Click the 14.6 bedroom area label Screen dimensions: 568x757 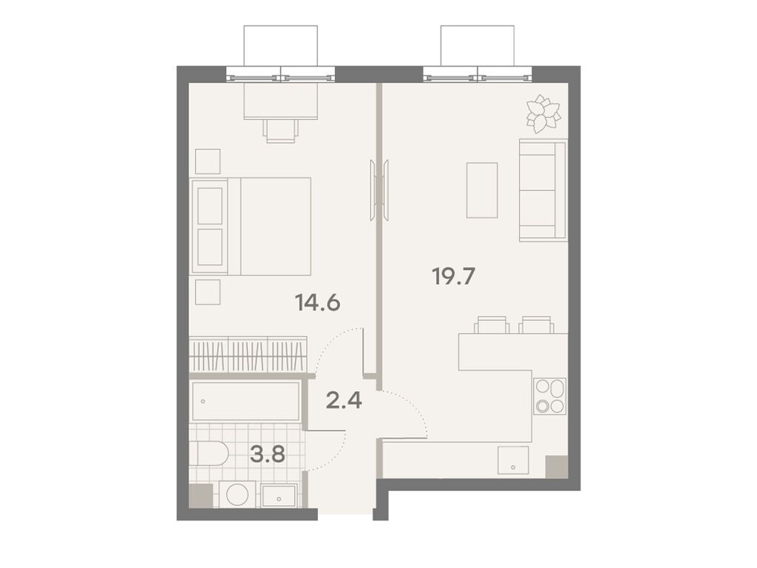pos(317,302)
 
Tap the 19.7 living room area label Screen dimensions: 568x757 pos(453,277)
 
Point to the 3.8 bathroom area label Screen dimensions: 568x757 pos(267,453)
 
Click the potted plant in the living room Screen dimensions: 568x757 pos(543,113)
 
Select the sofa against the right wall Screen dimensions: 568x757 pos(543,190)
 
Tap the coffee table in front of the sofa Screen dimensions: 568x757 pos(482,190)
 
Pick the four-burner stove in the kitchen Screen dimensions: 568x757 pos(549,396)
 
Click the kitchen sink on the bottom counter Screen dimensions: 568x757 pos(513,460)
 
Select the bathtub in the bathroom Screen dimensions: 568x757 pos(245,402)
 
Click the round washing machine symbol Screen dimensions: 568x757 pos(237,495)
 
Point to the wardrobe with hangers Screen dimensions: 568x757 pos(248,354)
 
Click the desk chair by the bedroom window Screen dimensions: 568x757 pos(281,130)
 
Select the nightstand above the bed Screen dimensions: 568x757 pos(208,161)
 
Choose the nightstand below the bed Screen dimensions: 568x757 pos(208,292)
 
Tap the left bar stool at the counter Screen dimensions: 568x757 pos(492,325)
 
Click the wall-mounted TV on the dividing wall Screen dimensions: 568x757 pos(381,190)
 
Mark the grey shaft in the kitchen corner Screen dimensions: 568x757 pos(557,467)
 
